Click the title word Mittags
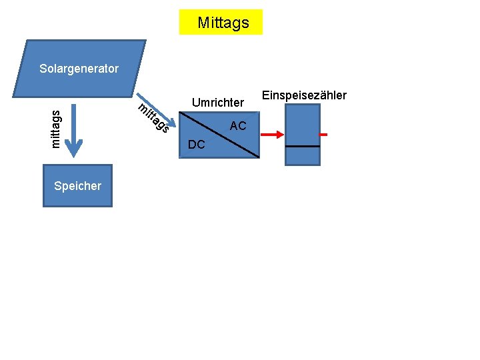click(223, 23)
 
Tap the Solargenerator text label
click(79, 68)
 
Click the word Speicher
click(77, 186)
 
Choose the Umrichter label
click(217, 103)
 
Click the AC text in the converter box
click(237, 126)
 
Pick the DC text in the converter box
click(197, 145)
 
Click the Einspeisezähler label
click(304, 95)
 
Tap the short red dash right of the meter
click(323, 135)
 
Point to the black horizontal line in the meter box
click(302, 146)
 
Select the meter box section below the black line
click(302, 155)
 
